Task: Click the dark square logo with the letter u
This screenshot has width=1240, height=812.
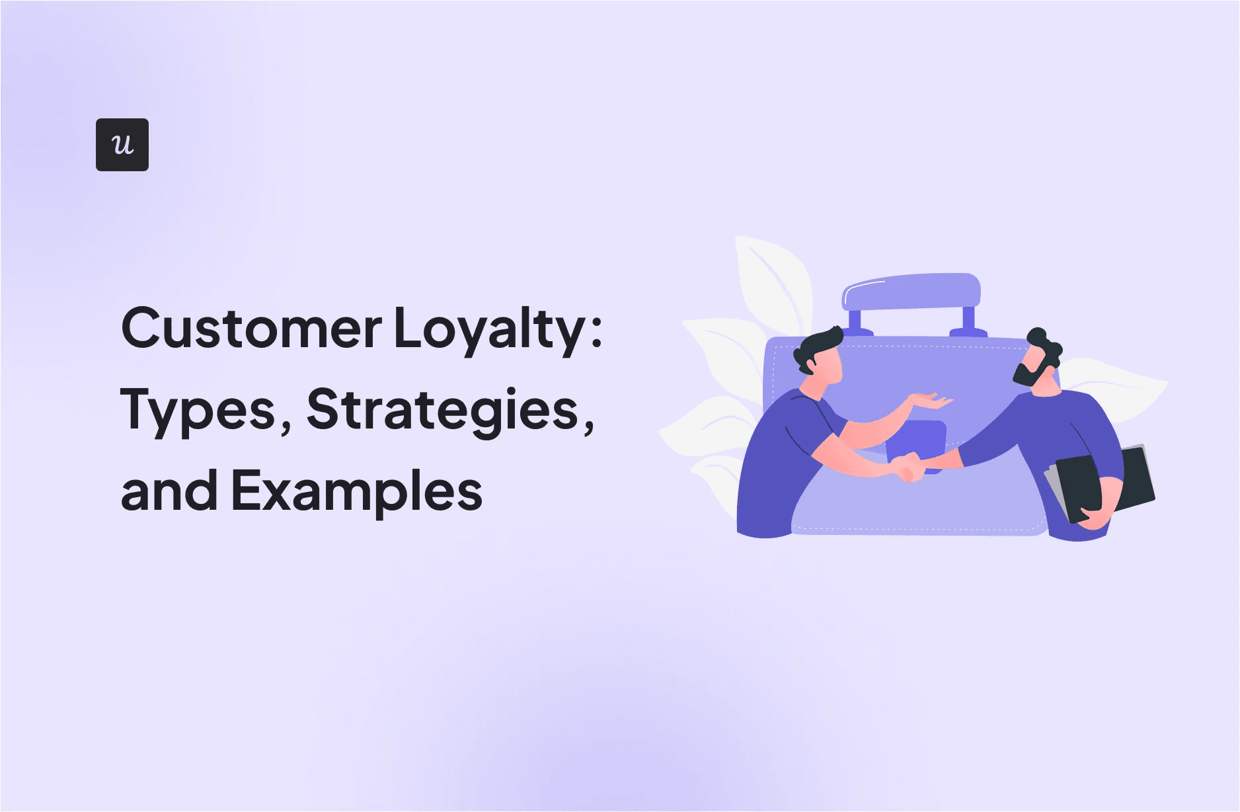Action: click(x=122, y=145)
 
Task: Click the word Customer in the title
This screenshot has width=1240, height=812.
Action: click(x=251, y=329)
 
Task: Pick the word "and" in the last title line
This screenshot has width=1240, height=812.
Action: click(x=169, y=491)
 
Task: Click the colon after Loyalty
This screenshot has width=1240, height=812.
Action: click(x=596, y=329)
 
